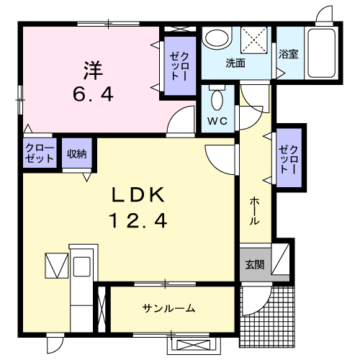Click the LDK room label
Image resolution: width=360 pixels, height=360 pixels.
(x=138, y=195)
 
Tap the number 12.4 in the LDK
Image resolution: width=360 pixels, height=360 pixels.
(x=138, y=221)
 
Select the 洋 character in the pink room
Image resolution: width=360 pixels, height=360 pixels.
(x=93, y=71)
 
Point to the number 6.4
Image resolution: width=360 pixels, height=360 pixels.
(x=93, y=94)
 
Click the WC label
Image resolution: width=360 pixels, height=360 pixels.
(x=217, y=121)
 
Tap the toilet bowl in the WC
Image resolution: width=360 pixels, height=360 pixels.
(x=217, y=99)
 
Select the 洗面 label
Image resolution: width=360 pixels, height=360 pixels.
(x=235, y=63)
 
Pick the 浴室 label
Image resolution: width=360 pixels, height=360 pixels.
(x=289, y=54)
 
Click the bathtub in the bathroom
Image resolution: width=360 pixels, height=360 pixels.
(x=321, y=53)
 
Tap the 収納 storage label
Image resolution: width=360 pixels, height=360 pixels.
(x=77, y=154)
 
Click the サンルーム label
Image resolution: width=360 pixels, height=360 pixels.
(x=168, y=308)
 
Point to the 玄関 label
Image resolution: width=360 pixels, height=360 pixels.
(x=255, y=264)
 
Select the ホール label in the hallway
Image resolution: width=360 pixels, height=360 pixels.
(x=254, y=211)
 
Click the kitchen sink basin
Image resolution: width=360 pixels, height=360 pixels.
(x=82, y=266)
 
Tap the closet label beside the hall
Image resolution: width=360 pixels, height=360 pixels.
(x=289, y=160)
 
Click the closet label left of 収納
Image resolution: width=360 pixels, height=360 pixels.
(x=40, y=153)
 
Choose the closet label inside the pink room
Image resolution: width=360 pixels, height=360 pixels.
(x=179, y=66)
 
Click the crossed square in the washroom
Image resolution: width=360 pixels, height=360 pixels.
(x=254, y=40)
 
